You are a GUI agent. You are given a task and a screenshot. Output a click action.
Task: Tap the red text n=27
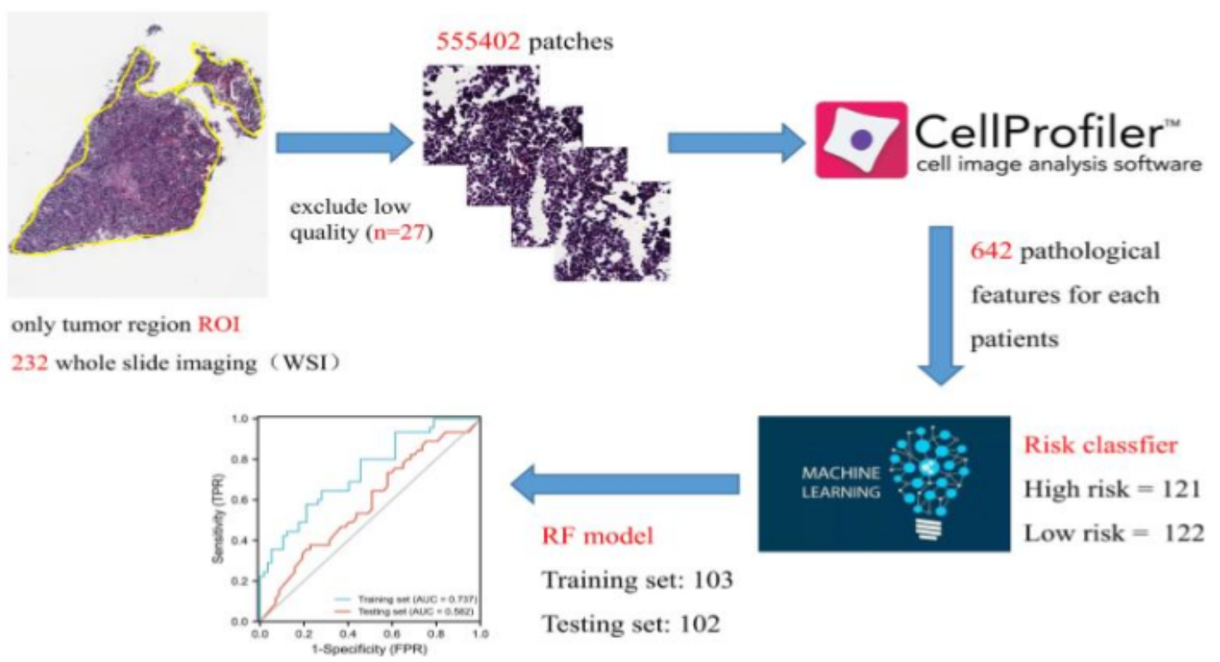click(404, 235)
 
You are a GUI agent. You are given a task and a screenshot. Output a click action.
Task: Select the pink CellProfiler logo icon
click(860, 139)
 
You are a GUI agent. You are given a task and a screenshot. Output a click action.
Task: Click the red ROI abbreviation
click(218, 326)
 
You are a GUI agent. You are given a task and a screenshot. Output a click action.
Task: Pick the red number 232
click(31, 364)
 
